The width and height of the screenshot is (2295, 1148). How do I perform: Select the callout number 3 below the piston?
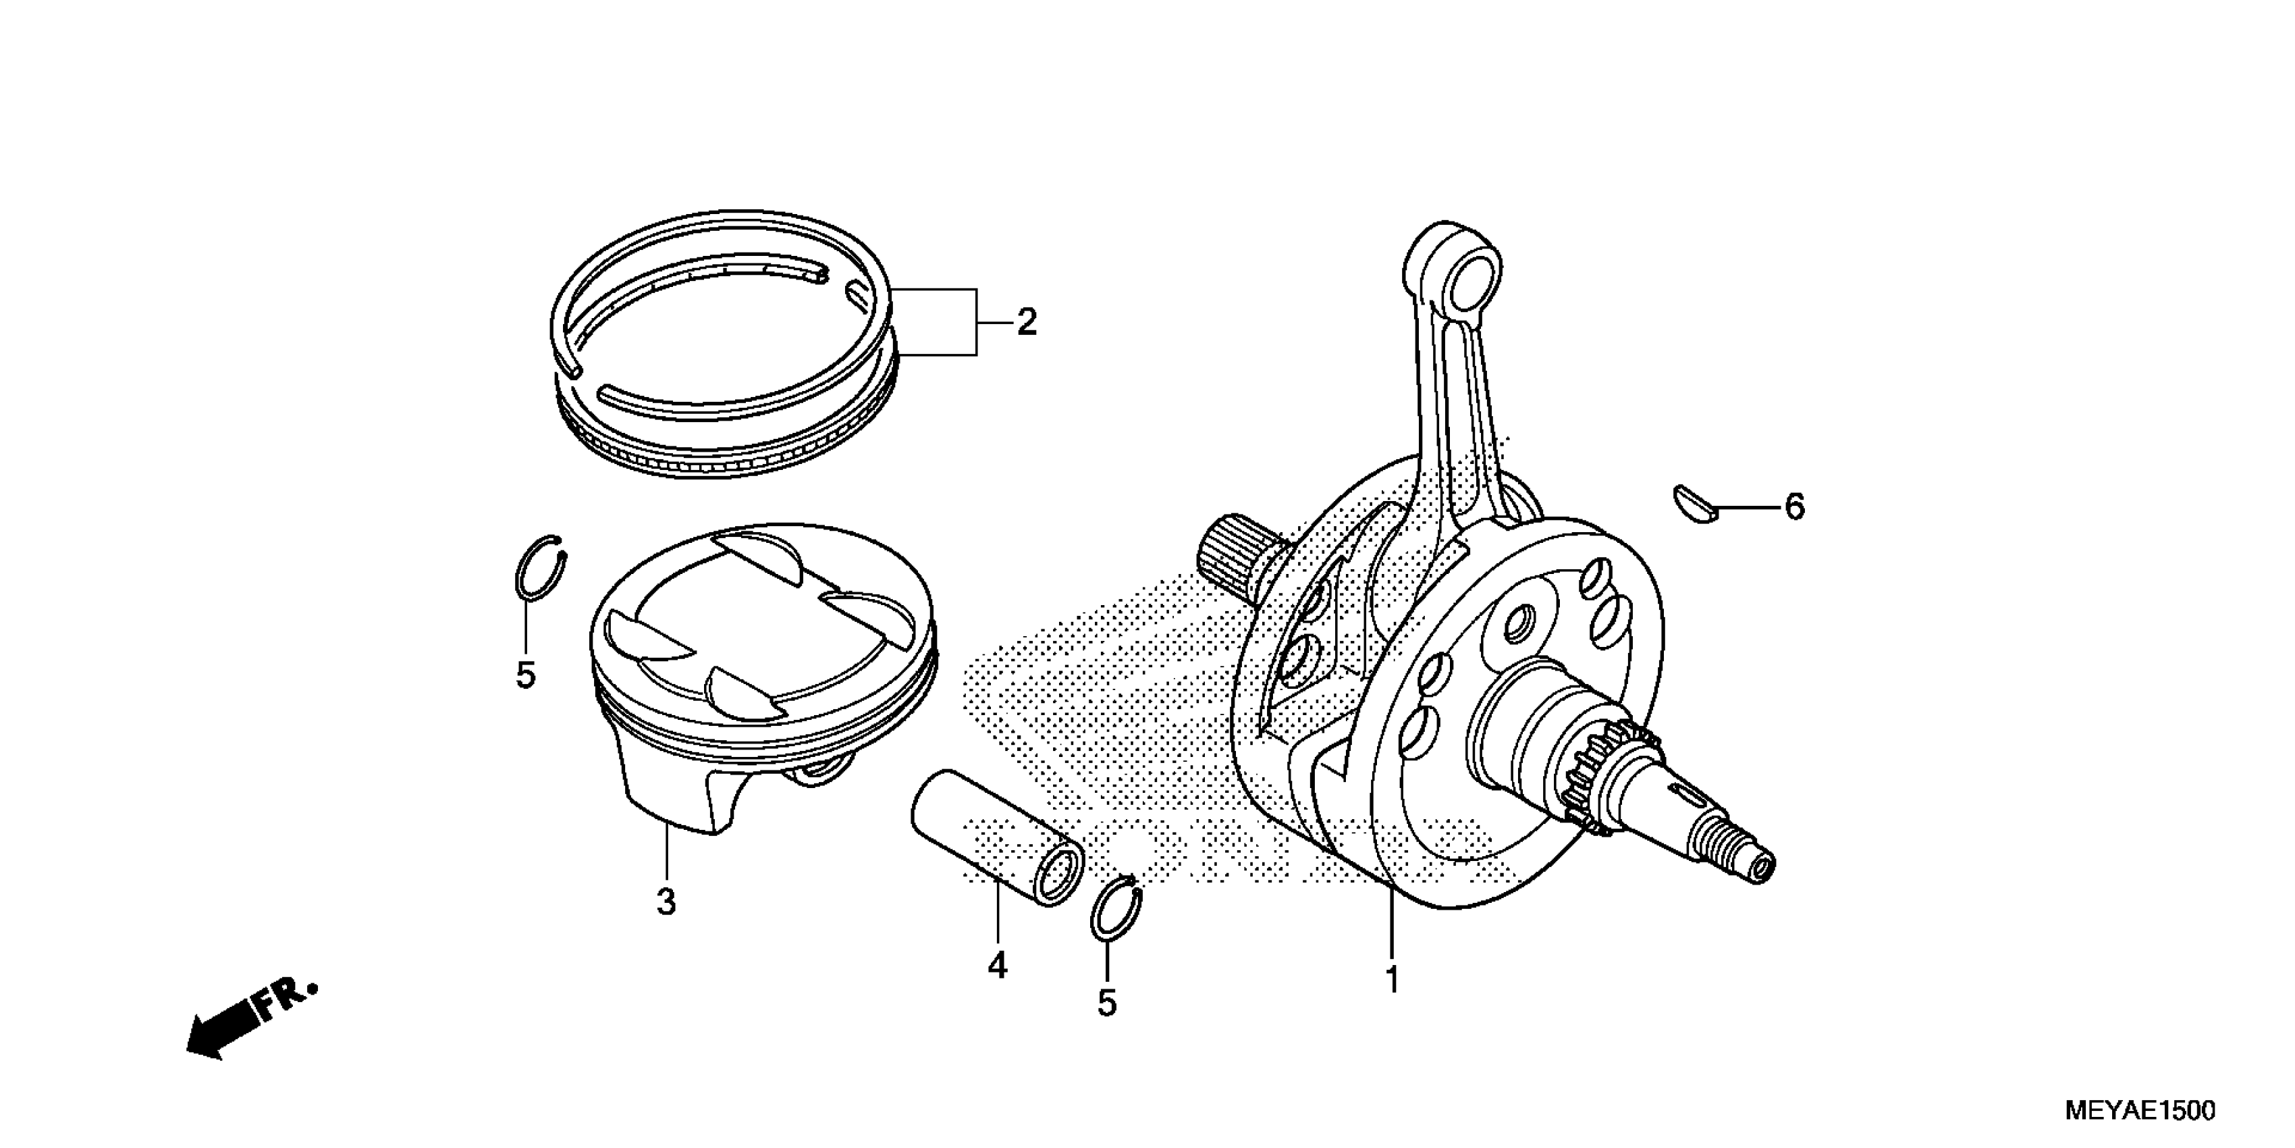coord(666,902)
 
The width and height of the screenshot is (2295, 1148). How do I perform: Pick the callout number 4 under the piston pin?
coord(997,965)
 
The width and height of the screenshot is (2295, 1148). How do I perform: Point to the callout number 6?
coord(1793,507)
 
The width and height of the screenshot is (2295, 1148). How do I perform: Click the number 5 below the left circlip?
coord(526,675)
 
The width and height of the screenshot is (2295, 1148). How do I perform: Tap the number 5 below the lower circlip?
coord(1106,1003)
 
